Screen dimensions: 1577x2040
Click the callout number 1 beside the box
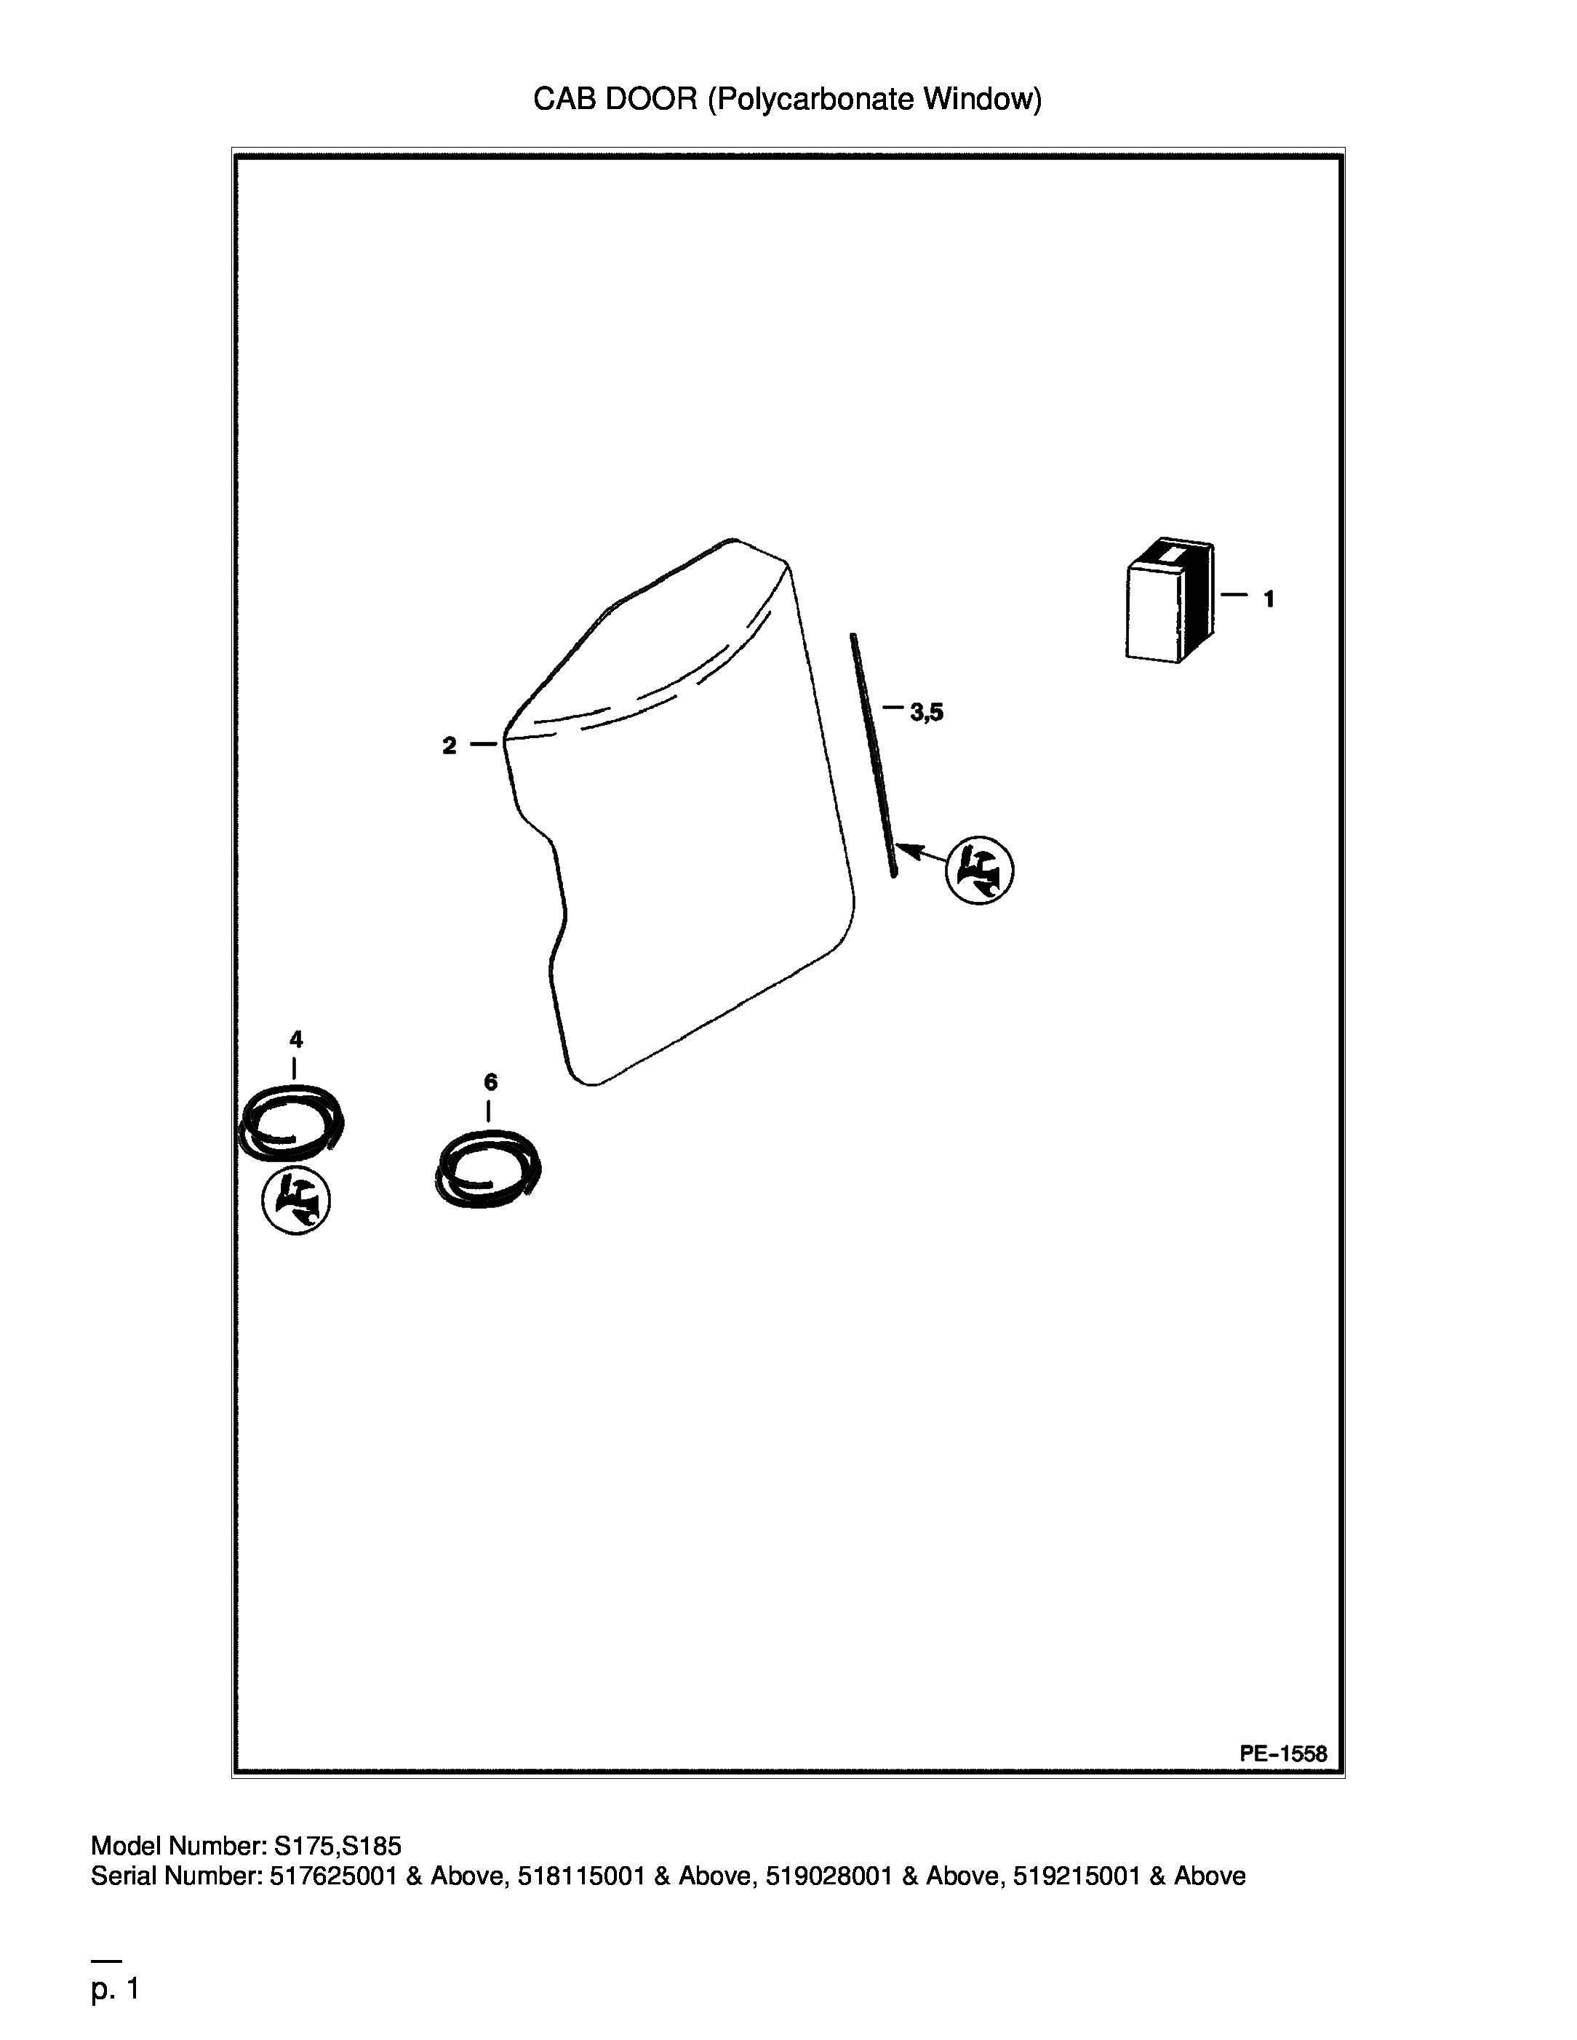1269,600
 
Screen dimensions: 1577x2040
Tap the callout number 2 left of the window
450,745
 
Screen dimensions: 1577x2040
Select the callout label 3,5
927,713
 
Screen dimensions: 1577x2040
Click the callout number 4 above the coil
296,1039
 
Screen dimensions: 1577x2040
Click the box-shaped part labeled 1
1170,601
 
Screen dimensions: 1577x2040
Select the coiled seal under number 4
290,1121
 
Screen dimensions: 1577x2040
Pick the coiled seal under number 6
489,1169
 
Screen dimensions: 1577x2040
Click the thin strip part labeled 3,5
874,755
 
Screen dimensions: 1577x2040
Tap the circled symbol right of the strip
980,871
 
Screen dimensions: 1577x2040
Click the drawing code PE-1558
1282,1753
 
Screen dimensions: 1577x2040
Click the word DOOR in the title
651,98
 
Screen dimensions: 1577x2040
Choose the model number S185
372,1846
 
